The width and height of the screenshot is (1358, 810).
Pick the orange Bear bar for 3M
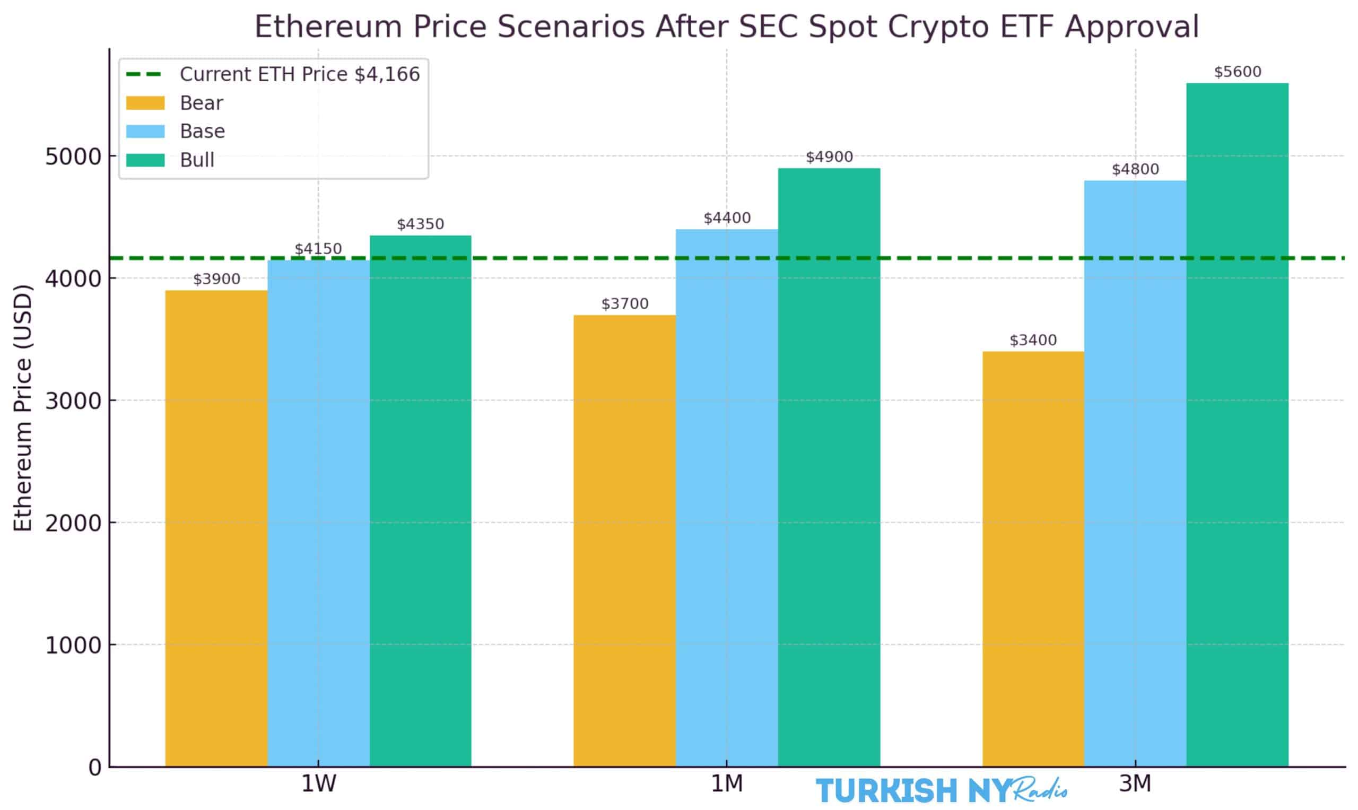[x=1033, y=559]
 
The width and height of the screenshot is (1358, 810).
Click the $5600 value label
[x=1238, y=72]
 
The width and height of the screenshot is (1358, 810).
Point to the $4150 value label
[x=318, y=249]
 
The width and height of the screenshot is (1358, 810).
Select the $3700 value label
[x=624, y=304]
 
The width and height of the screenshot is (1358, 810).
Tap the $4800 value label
[x=1135, y=169]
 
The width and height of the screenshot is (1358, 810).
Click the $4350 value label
[x=420, y=224]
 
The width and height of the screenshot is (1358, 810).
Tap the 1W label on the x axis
[x=318, y=785]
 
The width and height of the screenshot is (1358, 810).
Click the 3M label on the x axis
[x=1135, y=785]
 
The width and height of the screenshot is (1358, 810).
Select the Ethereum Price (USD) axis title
[x=23, y=408]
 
